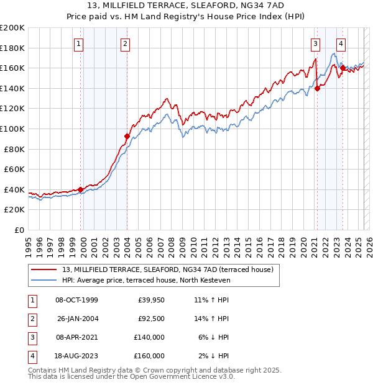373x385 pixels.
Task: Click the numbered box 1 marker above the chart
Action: (x=80, y=43)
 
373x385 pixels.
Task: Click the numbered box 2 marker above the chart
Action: (x=126, y=43)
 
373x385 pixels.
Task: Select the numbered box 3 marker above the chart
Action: (x=316, y=43)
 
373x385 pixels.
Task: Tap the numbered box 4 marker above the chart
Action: (x=341, y=43)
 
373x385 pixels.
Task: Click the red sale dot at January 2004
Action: (x=127, y=137)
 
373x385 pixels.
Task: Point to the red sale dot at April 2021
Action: (x=317, y=88)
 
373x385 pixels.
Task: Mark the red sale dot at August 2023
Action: (x=343, y=68)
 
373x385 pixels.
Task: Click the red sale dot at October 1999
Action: (x=80, y=189)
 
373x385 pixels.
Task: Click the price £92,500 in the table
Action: (x=151, y=319)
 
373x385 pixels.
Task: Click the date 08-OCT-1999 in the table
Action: (x=76, y=301)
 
